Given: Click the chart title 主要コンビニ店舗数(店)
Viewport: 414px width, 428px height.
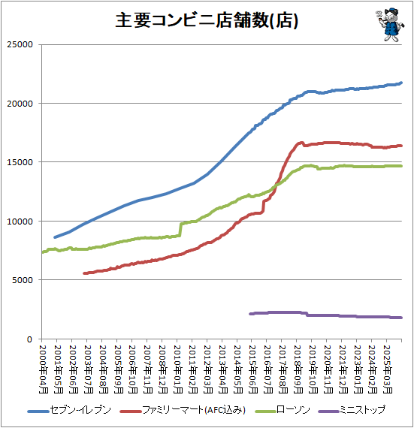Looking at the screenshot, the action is [207, 20].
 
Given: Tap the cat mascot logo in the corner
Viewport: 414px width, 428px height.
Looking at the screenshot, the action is [391, 24].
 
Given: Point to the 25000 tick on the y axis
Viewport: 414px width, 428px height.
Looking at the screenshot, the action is [20, 44].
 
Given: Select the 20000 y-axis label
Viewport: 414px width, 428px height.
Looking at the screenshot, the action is [20, 104].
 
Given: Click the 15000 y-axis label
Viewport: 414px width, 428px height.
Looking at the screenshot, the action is [20, 162].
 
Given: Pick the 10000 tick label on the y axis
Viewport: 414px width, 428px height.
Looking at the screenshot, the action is [20, 221].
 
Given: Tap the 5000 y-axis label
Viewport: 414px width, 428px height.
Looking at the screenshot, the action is [23, 280].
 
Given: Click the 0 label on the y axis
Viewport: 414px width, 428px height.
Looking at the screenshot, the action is [30, 339].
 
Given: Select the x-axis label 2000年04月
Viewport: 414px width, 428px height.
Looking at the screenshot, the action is [44, 369].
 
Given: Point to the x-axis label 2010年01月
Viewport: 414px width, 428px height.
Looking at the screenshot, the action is [178, 369].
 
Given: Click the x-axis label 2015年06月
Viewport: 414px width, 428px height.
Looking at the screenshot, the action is [253, 369].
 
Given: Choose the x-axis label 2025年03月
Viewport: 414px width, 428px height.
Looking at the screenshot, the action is [388, 369].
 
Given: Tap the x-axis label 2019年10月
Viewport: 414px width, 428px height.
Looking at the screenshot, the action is [313, 369].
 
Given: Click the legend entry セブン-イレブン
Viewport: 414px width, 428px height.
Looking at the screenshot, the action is [69, 410].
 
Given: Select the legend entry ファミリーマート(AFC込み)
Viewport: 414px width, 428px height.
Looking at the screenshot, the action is [183, 410].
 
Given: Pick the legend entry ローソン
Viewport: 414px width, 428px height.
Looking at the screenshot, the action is [283, 410].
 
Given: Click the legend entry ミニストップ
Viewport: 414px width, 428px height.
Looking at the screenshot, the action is [352, 410].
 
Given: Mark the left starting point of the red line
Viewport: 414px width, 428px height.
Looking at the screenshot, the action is [84, 273].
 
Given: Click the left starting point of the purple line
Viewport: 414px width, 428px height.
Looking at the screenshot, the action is [250, 314].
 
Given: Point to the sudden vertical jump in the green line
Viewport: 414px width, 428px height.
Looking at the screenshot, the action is [180, 229].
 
